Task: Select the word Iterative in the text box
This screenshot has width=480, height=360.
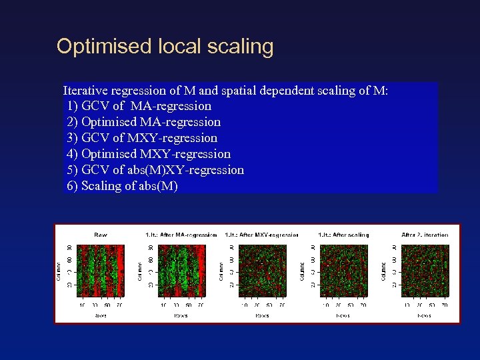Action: (x=86, y=90)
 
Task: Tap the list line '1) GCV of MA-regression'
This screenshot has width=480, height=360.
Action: (x=139, y=106)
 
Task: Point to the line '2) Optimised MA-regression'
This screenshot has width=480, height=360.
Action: (x=143, y=122)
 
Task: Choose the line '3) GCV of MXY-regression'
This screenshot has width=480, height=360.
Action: (x=142, y=138)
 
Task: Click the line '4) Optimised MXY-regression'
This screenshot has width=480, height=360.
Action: (x=149, y=154)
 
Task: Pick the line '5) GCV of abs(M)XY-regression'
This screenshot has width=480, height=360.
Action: (x=155, y=170)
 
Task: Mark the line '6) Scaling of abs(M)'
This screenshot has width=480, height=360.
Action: (x=122, y=186)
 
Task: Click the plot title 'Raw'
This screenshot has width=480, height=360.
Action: (x=100, y=235)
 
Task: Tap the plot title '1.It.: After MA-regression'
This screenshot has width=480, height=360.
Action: (x=181, y=235)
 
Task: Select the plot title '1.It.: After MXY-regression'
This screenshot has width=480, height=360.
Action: (x=262, y=235)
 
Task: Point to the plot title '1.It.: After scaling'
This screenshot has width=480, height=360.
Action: (x=343, y=235)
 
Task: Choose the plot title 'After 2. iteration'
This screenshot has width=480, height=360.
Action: (x=425, y=235)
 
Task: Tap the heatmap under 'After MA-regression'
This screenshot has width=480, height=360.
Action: (x=181, y=270)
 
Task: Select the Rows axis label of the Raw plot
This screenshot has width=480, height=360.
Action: (x=100, y=315)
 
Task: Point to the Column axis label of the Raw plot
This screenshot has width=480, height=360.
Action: (x=59, y=270)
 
